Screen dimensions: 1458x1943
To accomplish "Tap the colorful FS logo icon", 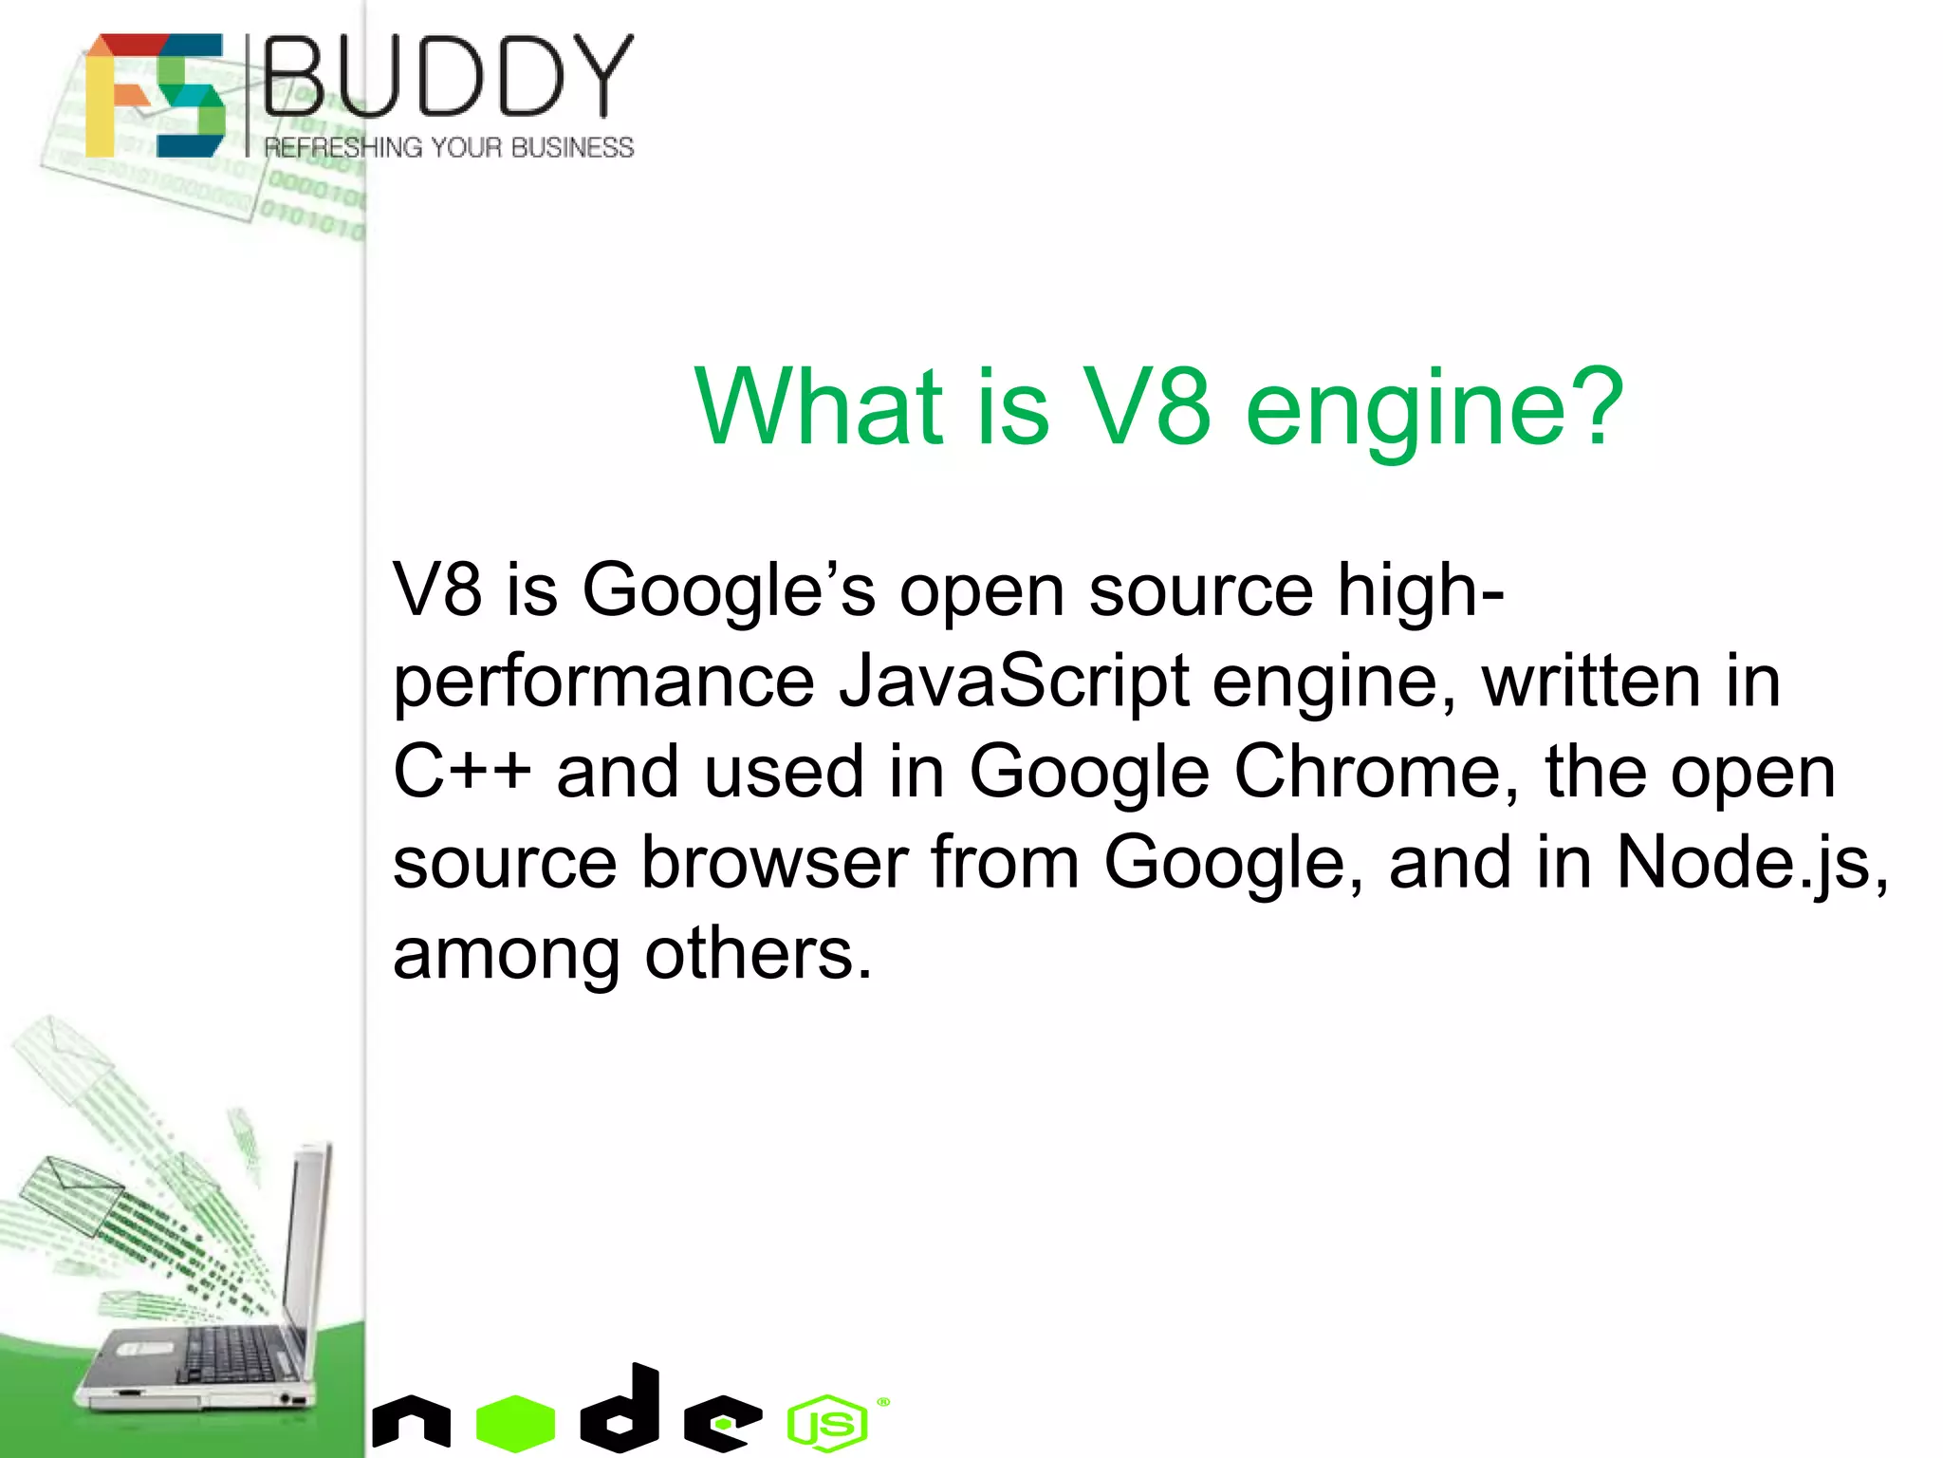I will [155, 95].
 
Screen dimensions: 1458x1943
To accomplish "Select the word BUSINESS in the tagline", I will [572, 148].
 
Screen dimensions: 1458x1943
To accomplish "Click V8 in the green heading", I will [1146, 408].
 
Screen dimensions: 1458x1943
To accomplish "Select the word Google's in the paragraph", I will [729, 590].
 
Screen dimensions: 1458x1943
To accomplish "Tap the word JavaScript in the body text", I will [1013, 682].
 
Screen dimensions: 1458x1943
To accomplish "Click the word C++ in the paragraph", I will [462, 772].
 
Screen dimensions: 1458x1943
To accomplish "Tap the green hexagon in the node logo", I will [515, 1423].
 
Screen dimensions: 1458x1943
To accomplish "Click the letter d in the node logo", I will [622, 1411].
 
